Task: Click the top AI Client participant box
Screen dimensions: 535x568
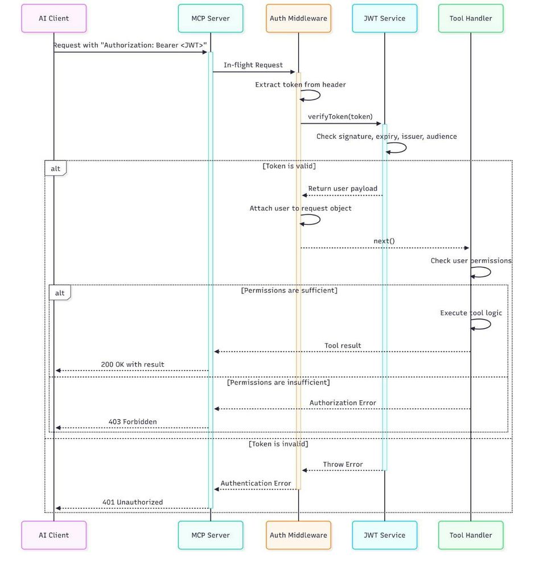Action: pos(53,18)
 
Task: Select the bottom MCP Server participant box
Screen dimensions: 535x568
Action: pos(211,535)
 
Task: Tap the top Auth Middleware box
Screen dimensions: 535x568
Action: pos(298,18)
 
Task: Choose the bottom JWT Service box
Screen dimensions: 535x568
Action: pos(385,535)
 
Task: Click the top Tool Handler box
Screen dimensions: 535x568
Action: pos(471,18)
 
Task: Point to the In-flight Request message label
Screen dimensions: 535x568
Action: pos(253,65)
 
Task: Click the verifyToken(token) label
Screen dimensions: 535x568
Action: pos(340,117)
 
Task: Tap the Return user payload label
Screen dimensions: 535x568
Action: pos(343,188)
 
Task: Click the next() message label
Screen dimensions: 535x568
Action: pos(384,241)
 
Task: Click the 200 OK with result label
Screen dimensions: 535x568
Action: pos(133,364)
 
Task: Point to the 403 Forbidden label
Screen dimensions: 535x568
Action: pos(133,422)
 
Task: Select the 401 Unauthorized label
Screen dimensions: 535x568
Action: pos(133,502)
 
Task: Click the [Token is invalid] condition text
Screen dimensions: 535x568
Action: pos(278,444)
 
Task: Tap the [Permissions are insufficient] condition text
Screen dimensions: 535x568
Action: pos(278,383)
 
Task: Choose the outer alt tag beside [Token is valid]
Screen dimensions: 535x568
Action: pos(56,168)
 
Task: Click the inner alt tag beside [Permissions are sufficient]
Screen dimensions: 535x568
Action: pos(60,293)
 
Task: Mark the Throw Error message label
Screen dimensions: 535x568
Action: pos(343,465)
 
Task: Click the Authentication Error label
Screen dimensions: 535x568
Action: pos(256,483)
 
